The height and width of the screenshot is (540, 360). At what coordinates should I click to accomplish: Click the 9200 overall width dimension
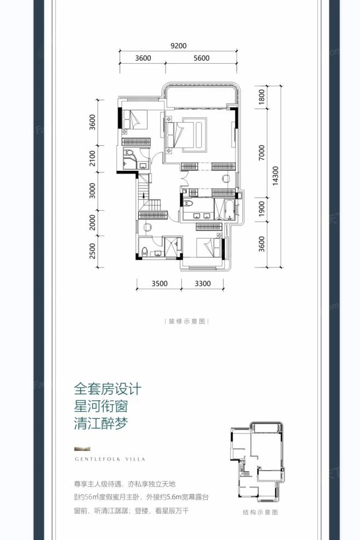[179, 46]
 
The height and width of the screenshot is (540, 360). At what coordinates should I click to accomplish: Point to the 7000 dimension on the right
[262, 153]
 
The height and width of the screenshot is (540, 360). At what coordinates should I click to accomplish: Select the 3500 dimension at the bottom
[160, 283]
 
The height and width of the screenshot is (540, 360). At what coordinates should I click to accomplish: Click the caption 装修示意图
[186, 322]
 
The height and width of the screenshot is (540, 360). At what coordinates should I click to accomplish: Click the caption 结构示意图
[260, 513]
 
